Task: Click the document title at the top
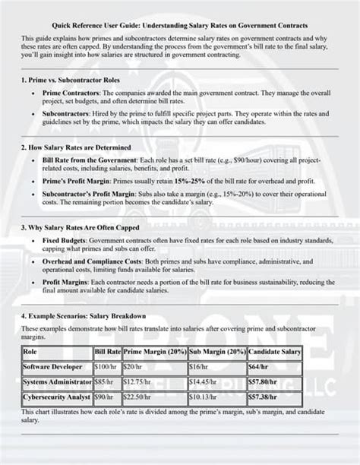[180, 25]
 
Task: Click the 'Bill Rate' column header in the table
[108, 352]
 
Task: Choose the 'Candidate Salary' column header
[274, 352]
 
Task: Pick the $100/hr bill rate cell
[106, 367]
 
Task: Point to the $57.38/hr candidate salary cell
[264, 397]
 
